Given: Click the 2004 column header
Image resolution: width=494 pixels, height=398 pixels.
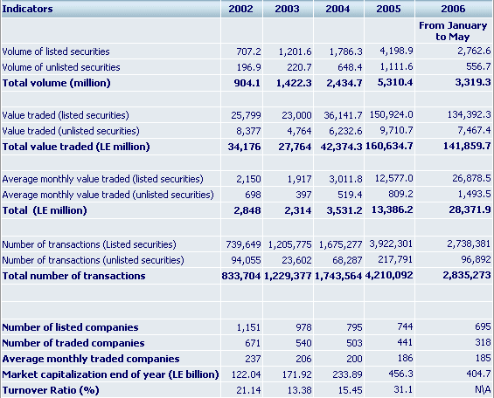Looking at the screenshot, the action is click(337, 9).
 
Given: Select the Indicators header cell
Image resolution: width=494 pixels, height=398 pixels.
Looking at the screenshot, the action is click(27, 9).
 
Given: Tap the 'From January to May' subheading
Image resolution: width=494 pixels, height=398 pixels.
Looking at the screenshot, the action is click(453, 31).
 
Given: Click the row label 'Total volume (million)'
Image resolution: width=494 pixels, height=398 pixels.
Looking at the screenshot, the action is click(56, 83).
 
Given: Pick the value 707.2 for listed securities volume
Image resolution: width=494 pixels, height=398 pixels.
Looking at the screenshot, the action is click(248, 51).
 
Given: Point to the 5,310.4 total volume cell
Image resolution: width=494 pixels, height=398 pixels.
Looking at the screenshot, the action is click(395, 82).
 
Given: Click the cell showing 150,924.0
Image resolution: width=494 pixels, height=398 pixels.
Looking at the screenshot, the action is click(391, 114).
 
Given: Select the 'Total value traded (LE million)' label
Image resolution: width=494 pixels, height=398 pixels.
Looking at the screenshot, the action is click(76, 147).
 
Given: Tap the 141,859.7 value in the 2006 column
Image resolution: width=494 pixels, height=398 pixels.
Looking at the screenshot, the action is click(467, 146).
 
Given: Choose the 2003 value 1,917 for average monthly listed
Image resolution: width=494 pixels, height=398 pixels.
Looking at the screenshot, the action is click(299, 179).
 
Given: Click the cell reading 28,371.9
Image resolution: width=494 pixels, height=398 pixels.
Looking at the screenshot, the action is click(470, 209).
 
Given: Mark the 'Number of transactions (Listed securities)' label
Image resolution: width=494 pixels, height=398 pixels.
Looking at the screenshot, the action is click(89, 244).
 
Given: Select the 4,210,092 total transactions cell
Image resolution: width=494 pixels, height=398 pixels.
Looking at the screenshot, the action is click(389, 275).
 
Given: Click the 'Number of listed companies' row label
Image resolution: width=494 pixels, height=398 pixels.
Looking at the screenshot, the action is click(70, 327).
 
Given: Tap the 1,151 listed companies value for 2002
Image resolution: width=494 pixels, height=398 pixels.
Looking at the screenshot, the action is click(248, 327).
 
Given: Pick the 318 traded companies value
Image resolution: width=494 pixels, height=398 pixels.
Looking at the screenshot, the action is click(483, 342).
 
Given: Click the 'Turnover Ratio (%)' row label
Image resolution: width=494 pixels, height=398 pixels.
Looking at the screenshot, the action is click(51, 390).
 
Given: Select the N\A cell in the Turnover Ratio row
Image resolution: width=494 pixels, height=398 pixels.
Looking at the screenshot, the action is click(483, 389).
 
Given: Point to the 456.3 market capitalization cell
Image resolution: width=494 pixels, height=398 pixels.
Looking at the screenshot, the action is click(400, 374).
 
